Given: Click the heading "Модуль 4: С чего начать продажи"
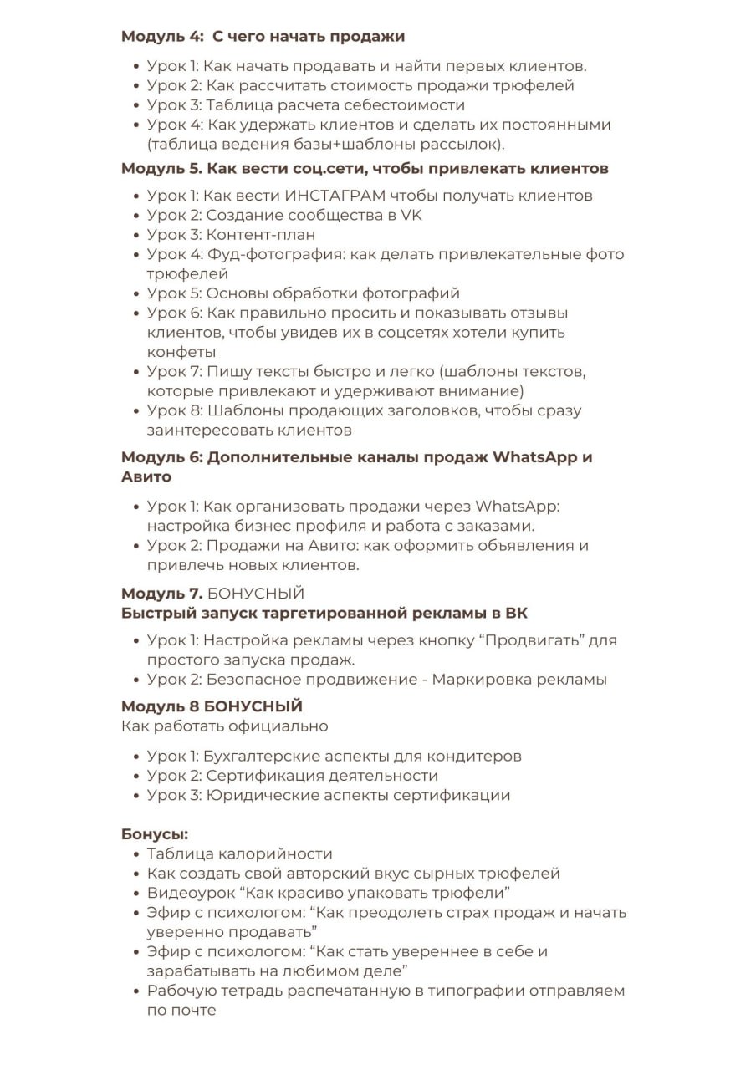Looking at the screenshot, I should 263,37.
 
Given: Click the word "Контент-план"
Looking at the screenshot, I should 261,235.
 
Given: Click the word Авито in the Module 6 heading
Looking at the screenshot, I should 146,477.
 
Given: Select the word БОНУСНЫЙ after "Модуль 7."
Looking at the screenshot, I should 255,594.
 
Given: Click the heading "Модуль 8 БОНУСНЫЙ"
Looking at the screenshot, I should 212,707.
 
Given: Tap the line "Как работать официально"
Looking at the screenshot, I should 224,726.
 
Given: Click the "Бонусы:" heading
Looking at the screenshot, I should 155,834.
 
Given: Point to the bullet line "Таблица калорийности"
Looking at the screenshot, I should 239,854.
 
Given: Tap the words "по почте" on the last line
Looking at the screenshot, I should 181,1010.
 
